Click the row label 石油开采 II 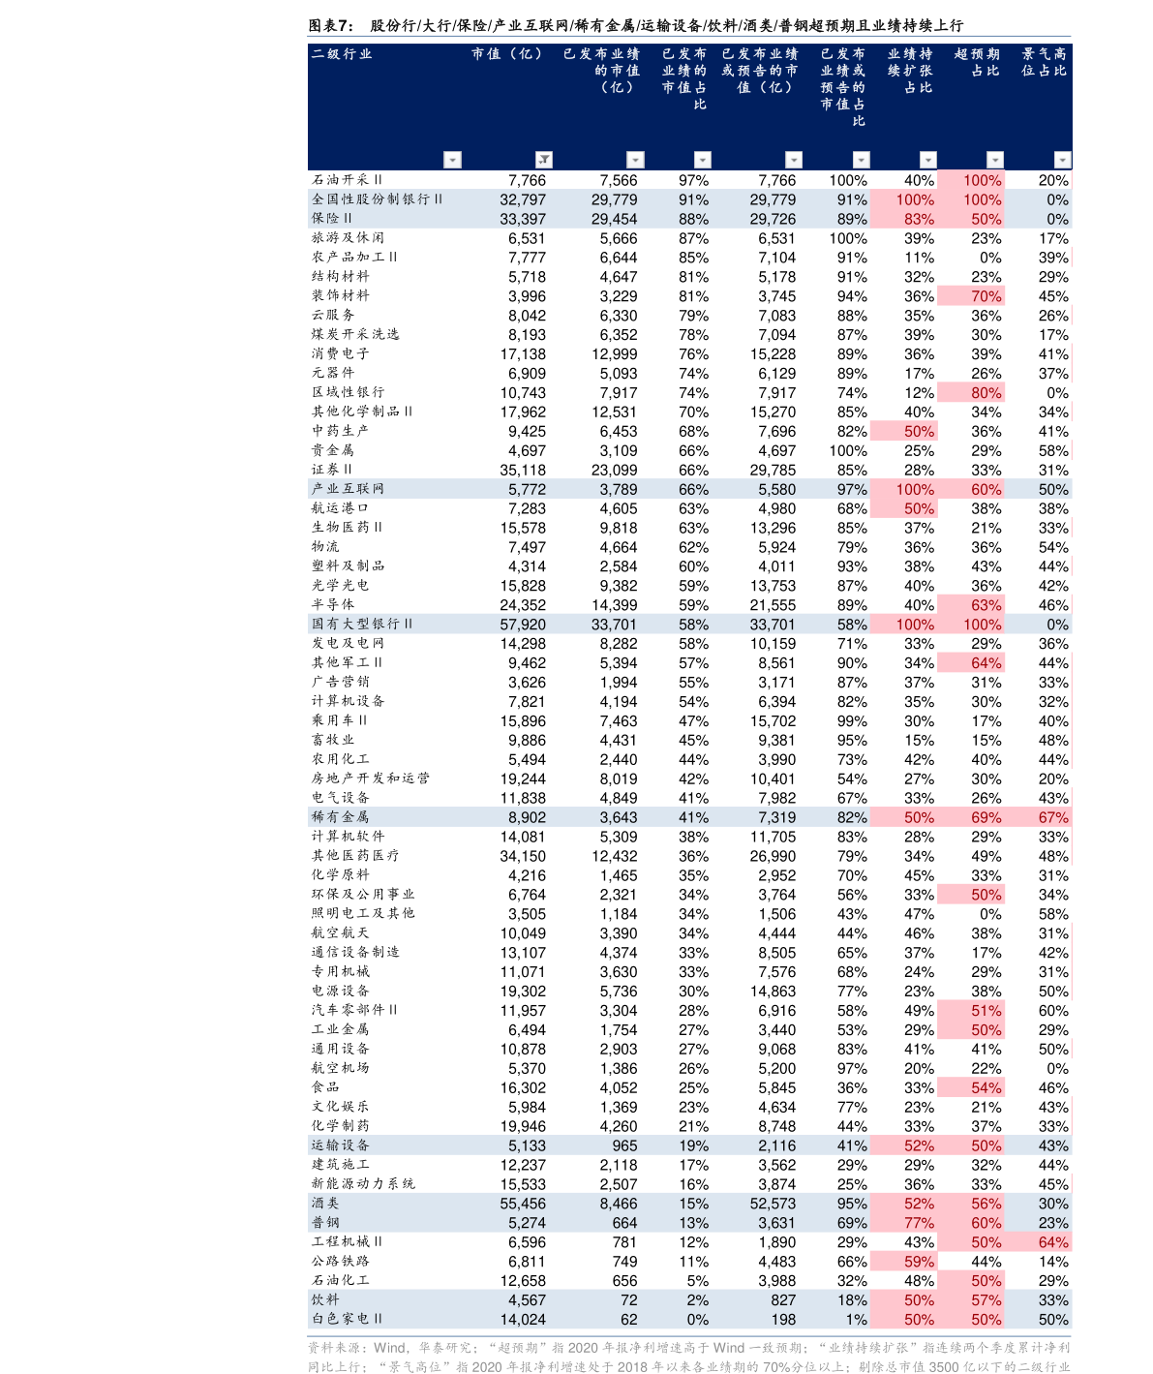pyautogui.click(x=347, y=180)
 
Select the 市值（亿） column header pyautogui.click(x=506, y=54)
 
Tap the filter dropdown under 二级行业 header pyautogui.click(x=452, y=159)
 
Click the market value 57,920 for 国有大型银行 pyautogui.click(x=523, y=624)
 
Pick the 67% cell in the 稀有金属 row pyautogui.click(x=1053, y=816)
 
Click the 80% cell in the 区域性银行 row pyautogui.click(x=986, y=392)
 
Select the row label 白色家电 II pyautogui.click(x=347, y=1318)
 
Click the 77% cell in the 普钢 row pyautogui.click(x=919, y=1222)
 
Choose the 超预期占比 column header pyautogui.click(x=977, y=62)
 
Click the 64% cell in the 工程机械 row pyautogui.click(x=1053, y=1241)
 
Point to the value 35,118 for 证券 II pyautogui.click(x=523, y=470)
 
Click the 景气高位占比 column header pyautogui.click(x=1044, y=62)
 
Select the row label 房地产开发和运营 pyautogui.click(x=370, y=778)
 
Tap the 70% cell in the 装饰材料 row pyautogui.click(x=986, y=296)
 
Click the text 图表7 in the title pyautogui.click(x=331, y=26)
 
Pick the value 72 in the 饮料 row pyautogui.click(x=628, y=1299)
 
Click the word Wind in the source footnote pyautogui.click(x=389, y=1348)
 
